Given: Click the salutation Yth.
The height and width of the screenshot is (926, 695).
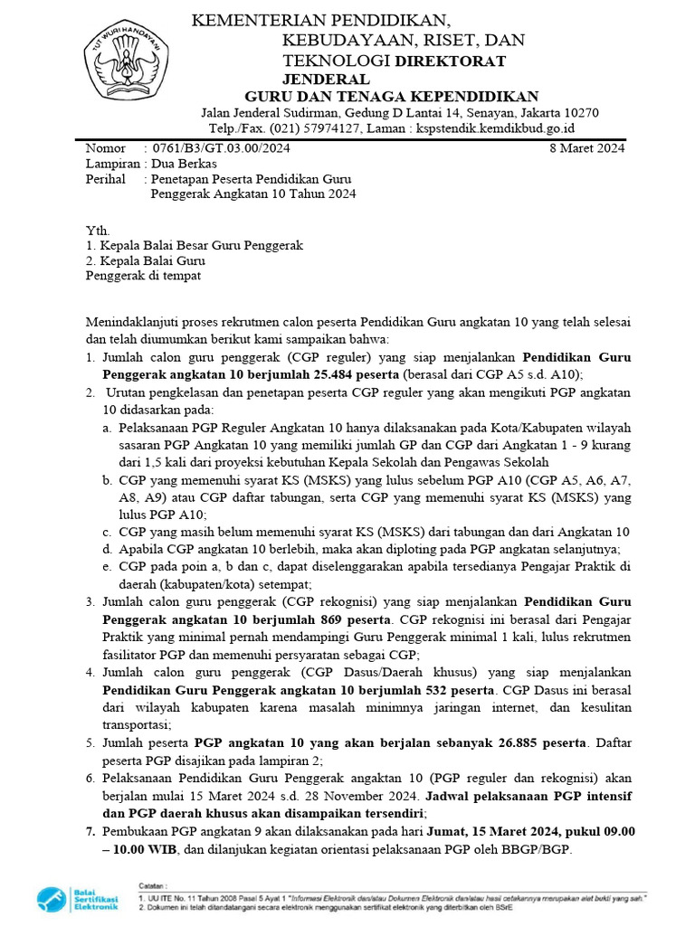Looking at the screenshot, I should pyautogui.click(x=96, y=231).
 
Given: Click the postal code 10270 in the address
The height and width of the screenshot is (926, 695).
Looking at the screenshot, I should pyautogui.click(x=580, y=112).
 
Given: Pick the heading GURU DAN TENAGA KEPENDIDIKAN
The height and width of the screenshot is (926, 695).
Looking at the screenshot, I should pyautogui.click(x=392, y=96).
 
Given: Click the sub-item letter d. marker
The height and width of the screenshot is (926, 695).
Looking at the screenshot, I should pyautogui.click(x=109, y=549).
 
